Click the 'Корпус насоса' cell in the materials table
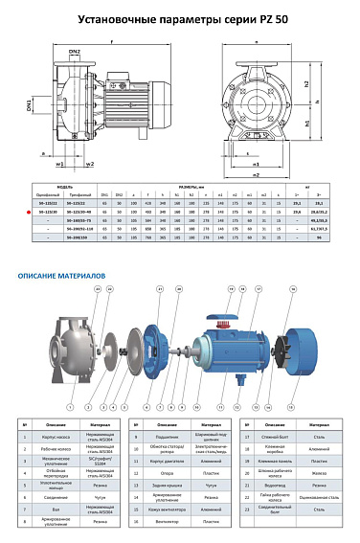coord(52,436)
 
